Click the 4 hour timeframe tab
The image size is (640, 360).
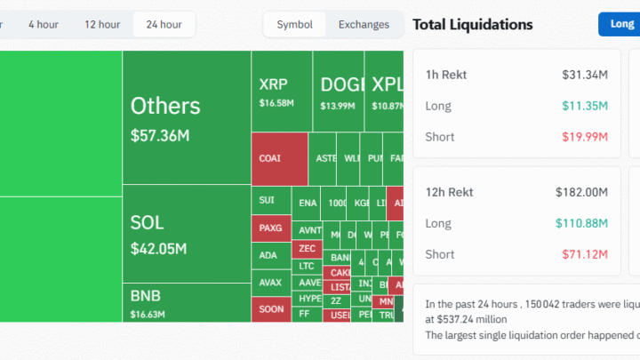(x=44, y=24)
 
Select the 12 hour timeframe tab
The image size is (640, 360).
(x=102, y=24)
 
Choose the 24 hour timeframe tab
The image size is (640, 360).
(x=164, y=24)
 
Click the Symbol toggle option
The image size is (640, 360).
(x=294, y=24)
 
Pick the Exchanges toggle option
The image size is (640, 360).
(x=364, y=24)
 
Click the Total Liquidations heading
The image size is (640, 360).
(x=473, y=24)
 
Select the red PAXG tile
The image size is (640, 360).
(x=271, y=228)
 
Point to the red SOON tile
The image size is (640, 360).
(x=271, y=309)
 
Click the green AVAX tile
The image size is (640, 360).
(x=271, y=283)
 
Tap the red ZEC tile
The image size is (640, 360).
(x=307, y=248)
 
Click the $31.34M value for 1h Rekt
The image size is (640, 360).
(x=585, y=75)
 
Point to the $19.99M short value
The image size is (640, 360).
(x=585, y=137)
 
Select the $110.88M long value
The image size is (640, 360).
(x=579, y=223)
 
